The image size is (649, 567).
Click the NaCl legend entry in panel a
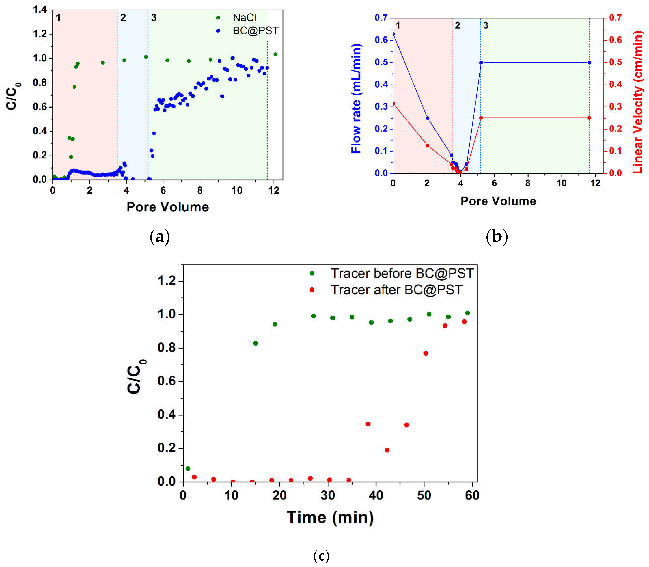point(244,18)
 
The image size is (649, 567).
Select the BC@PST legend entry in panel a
point(255,31)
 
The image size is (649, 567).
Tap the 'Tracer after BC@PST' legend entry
point(396,290)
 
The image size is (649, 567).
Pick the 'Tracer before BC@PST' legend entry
point(402,273)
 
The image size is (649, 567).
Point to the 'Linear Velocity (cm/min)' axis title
point(638,102)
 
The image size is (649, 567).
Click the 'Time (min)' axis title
point(330,517)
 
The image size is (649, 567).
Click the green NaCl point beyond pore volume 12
point(275,54)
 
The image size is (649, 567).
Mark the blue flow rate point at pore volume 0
point(393,34)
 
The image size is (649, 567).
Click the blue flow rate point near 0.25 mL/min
point(428,118)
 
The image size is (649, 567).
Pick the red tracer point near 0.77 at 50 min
point(426,353)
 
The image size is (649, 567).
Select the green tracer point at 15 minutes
point(255,343)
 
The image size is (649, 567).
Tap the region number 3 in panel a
point(154,18)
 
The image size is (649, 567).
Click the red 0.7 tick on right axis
point(615,18)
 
